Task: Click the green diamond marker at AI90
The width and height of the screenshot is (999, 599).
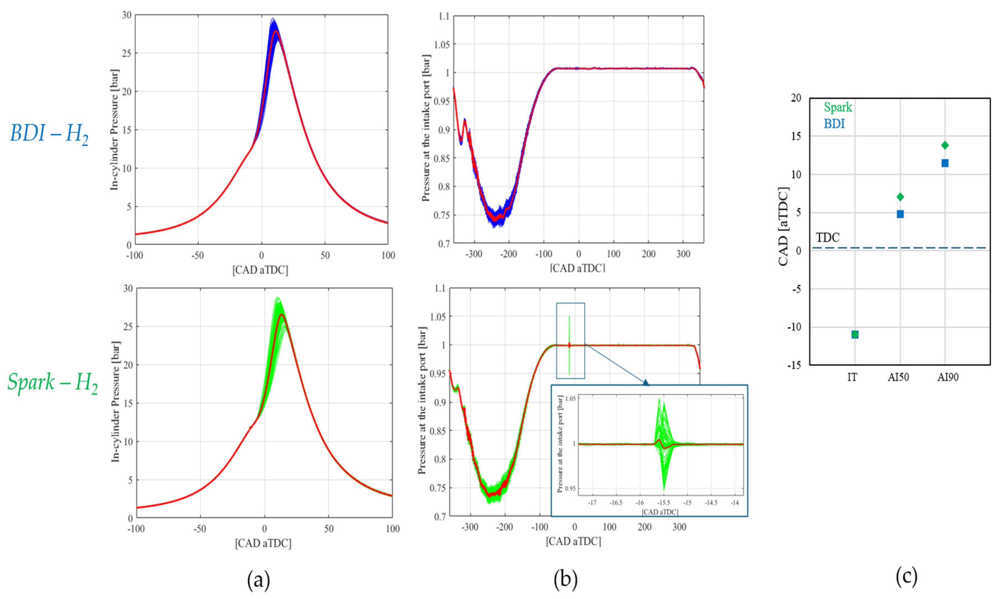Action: [944, 145]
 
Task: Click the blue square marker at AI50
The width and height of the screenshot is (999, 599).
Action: [900, 214]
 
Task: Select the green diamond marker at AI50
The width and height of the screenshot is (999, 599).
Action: [900, 197]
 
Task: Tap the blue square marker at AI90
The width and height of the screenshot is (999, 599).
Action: [944, 163]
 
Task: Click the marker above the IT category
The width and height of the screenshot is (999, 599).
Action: [855, 334]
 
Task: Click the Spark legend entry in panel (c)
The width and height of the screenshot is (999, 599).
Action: [838, 107]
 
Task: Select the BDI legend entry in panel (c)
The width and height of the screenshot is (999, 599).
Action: [834, 124]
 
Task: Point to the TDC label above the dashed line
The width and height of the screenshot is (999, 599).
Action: [827, 237]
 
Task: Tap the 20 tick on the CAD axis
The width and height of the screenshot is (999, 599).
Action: [795, 98]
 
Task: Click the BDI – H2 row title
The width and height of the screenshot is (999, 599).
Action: [49, 133]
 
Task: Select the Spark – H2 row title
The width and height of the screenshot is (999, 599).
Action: [53, 382]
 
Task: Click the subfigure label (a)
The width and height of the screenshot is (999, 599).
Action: [258, 580]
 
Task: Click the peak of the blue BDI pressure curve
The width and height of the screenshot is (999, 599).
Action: [273, 19]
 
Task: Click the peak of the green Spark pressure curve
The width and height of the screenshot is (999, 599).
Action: [277, 298]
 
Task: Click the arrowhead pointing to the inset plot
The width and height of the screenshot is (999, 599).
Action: [646, 382]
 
